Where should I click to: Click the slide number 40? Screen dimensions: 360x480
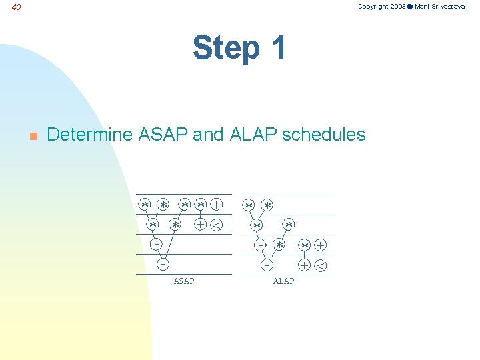tap(17, 7)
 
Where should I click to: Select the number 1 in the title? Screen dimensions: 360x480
tap(275, 48)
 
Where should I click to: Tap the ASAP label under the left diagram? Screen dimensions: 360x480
tap(184, 281)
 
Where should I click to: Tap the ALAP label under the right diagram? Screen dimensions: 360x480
tap(283, 281)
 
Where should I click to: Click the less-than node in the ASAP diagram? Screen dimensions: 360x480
tap(216, 225)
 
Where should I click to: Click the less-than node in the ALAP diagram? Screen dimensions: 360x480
tap(321, 265)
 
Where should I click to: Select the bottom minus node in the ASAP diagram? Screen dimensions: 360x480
tap(162, 264)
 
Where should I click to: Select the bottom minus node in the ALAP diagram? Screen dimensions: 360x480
tap(267, 265)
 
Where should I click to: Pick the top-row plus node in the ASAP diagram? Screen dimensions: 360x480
tap(217, 205)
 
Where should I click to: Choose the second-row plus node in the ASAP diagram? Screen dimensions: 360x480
tap(199, 225)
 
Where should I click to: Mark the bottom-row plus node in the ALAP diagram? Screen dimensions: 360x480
tap(304, 265)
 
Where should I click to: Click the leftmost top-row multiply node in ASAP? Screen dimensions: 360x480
tap(145, 205)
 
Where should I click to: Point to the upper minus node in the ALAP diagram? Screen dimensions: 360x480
tap(261, 245)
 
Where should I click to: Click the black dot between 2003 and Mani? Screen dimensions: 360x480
tap(410, 7)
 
